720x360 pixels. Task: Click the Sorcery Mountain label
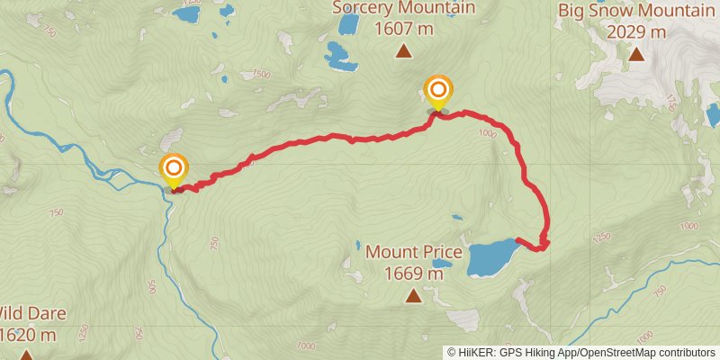(x=403, y=9)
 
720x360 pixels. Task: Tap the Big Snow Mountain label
(x=636, y=11)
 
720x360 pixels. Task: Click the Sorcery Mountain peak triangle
(x=404, y=51)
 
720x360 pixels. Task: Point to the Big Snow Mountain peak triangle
(x=636, y=54)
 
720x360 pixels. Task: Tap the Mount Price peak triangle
(x=413, y=295)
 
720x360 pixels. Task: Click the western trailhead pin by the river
(x=174, y=169)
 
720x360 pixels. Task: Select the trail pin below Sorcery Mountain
(x=438, y=91)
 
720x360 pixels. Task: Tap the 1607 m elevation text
(x=403, y=30)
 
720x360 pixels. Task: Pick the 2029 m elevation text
(x=636, y=32)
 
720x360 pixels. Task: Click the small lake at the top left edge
(x=188, y=13)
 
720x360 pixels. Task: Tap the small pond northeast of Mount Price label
(x=457, y=218)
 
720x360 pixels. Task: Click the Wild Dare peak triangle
(x=27, y=355)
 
